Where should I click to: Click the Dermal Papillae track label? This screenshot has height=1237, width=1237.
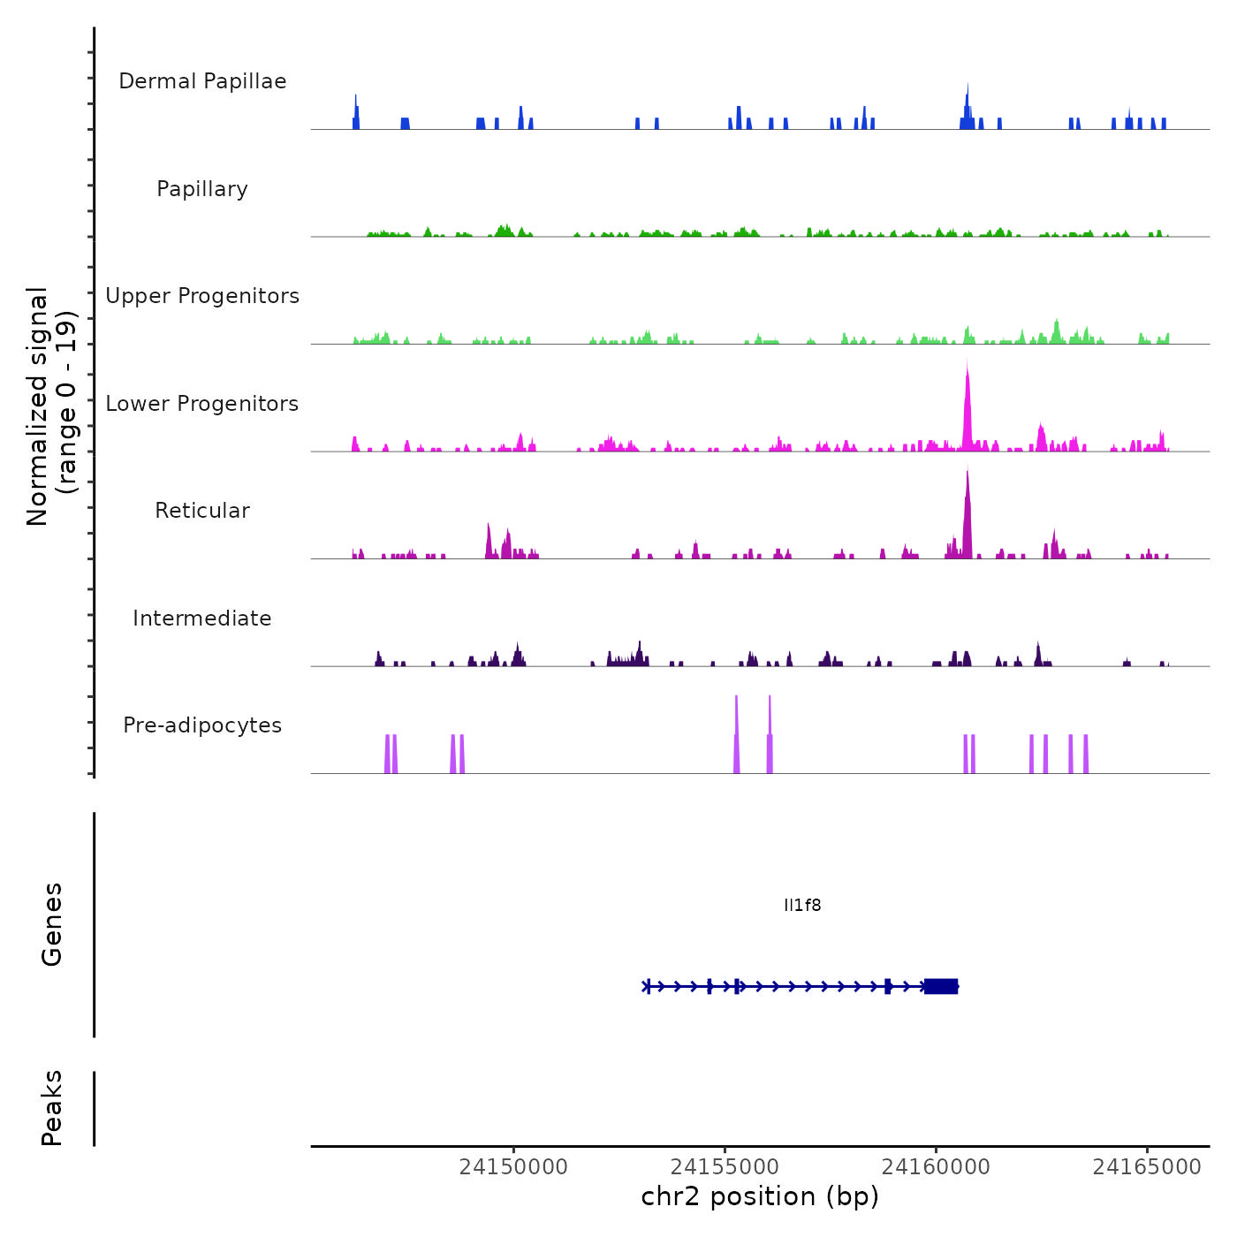pos(202,81)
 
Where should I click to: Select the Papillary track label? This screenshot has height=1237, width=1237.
pos(202,189)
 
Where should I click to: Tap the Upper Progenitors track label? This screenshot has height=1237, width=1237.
pos(202,296)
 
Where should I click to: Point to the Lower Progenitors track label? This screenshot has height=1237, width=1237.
pos(202,404)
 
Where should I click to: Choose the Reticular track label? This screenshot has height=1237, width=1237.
pos(202,511)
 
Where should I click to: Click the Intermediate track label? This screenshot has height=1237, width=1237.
pos(202,618)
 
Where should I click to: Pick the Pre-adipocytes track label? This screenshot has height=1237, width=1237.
pos(202,725)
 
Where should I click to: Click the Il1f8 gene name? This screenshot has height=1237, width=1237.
pos(802,905)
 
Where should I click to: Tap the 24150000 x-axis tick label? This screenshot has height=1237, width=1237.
pos(513,1167)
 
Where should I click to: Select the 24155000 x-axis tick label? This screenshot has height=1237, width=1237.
pos(725,1167)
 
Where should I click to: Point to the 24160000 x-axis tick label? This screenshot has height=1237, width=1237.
pos(936,1167)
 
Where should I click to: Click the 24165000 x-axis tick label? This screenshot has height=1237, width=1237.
pos(1147,1167)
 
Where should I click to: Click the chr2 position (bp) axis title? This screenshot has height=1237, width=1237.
pos(760,1197)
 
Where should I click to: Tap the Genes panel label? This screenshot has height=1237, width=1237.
pos(52,924)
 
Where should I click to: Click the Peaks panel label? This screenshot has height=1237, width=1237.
pos(52,1108)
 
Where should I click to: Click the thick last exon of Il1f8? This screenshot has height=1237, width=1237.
pos(941,986)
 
